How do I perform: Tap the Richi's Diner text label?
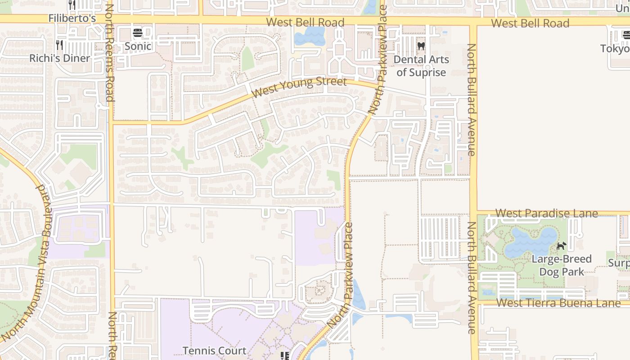pyautogui.click(x=60, y=58)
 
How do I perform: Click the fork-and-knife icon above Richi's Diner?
pyautogui.click(x=59, y=45)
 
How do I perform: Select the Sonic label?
pyautogui.click(x=138, y=46)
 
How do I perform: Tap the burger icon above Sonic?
pyautogui.click(x=138, y=33)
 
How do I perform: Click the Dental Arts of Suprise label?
pyautogui.click(x=421, y=66)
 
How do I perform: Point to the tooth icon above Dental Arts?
pyautogui.click(x=421, y=45)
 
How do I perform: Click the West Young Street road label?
pyautogui.click(x=299, y=88)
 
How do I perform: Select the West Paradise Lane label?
pyautogui.click(x=546, y=213)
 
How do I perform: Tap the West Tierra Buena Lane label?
pyautogui.click(x=558, y=303)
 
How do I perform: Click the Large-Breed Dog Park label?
pyautogui.click(x=562, y=265)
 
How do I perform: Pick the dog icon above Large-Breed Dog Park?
pyautogui.click(x=561, y=246)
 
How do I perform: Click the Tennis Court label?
pyautogui.click(x=214, y=351)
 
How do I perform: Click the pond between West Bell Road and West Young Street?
pyautogui.click(x=310, y=36)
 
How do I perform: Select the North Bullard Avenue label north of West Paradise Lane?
pyautogui.click(x=471, y=100)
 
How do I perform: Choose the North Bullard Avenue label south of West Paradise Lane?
pyautogui.click(x=471, y=278)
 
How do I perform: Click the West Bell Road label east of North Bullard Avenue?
pyautogui.click(x=530, y=23)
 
